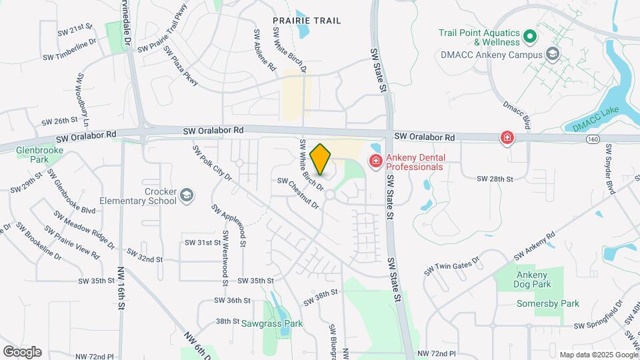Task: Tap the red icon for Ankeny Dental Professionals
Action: (x=375, y=161)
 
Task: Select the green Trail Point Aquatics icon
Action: (x=530, y=35)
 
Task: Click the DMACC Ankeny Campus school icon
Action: (x=552, y=53)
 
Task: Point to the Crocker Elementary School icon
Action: (x=187, y=195)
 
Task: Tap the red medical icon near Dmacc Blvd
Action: (x=507, y=138)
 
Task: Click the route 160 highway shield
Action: (x=593, y=139)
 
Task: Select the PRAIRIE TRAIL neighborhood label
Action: (x=307, y=21)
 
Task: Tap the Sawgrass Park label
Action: (x=272, y=324)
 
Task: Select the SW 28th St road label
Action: (x=495, y=179)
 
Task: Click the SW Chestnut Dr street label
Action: (x=298, y=193)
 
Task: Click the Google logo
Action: (x=22, y=351)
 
